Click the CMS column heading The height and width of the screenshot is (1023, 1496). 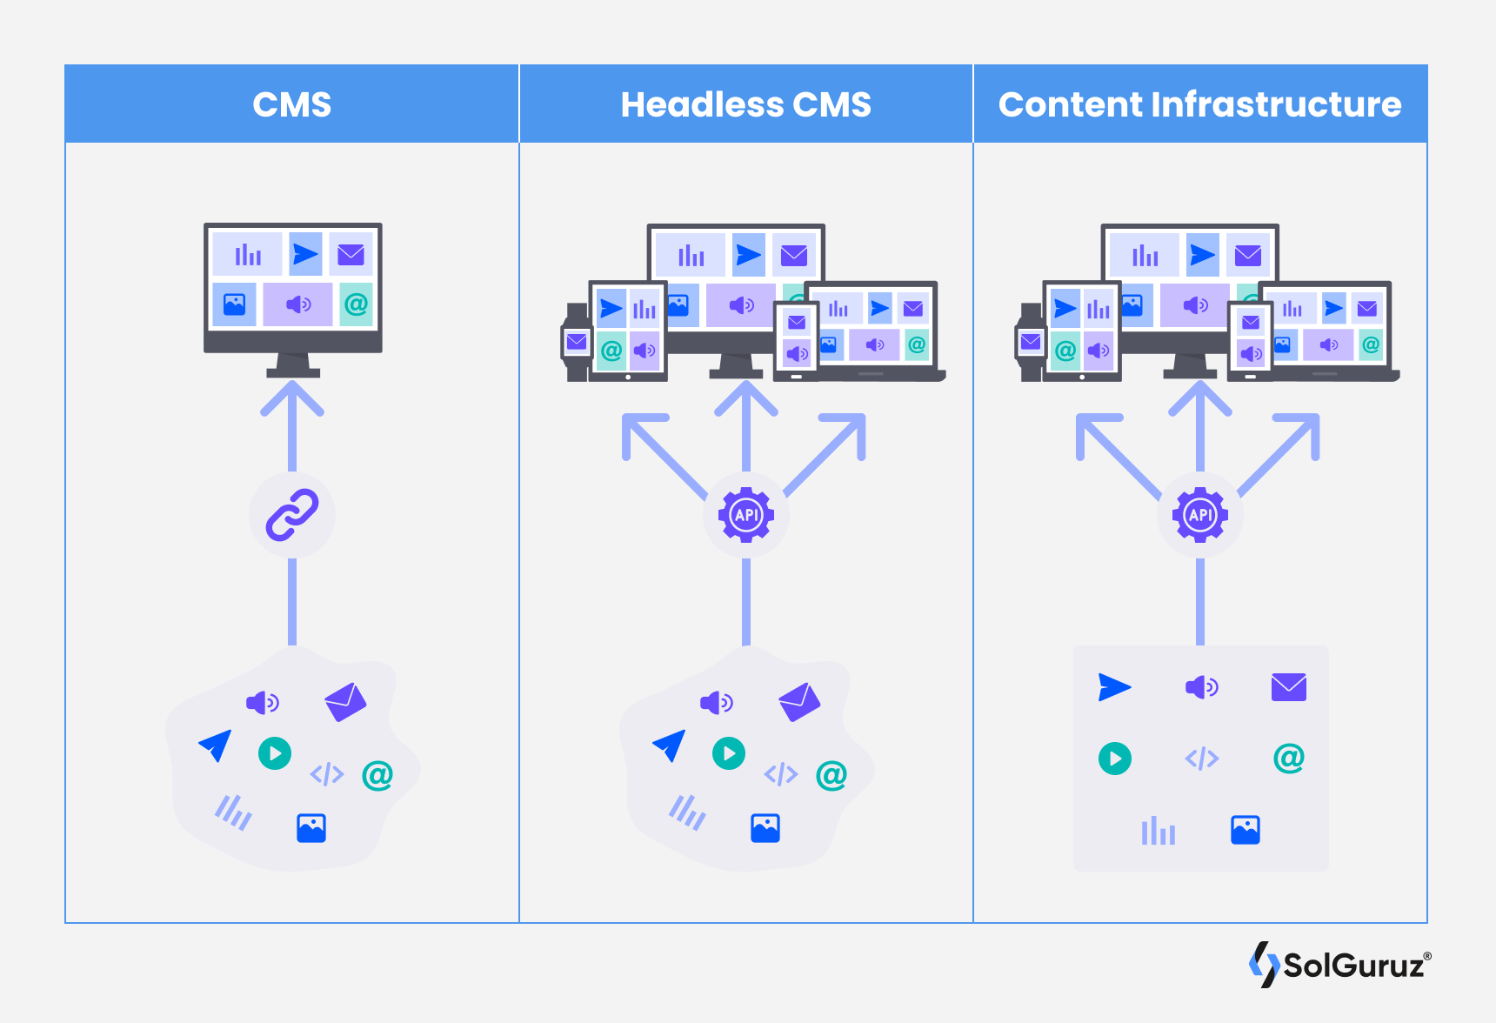[292, 104]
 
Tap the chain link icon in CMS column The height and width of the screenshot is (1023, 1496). [292, 515]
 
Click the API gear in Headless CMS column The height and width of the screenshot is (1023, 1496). [746, 515]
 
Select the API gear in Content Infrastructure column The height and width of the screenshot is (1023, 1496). [1200, 515]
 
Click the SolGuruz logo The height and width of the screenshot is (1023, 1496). [1339, 964]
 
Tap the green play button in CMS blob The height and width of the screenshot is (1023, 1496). [275, 752]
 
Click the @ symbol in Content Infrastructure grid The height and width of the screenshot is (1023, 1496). [1288, 758]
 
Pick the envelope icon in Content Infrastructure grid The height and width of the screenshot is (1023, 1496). [1288, 687]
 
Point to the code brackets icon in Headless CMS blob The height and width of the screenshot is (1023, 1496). [781, 773]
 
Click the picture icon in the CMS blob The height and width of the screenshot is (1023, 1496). [311, 828]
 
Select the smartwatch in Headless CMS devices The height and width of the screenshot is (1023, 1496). [576, 342]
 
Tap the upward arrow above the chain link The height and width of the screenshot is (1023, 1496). [292, 418]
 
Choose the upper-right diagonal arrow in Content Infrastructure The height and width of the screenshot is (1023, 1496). [1287, 448]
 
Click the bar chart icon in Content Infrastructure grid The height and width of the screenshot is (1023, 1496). [1158, 831]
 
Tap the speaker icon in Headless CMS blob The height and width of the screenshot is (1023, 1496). [717, 702]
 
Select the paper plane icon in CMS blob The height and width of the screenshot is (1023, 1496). [216, 745]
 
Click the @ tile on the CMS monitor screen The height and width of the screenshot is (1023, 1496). [356, 304]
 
